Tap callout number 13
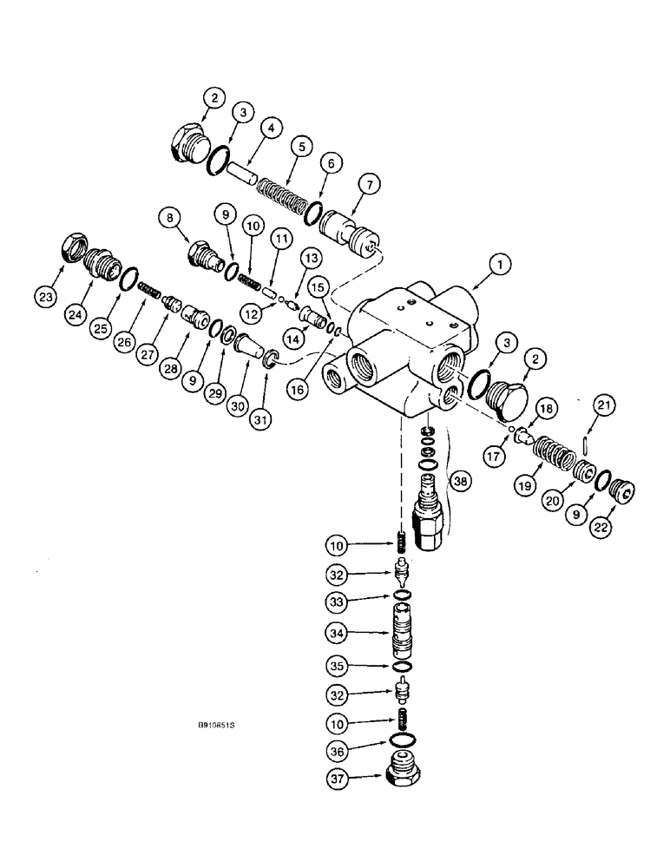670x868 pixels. click(312, 258)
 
